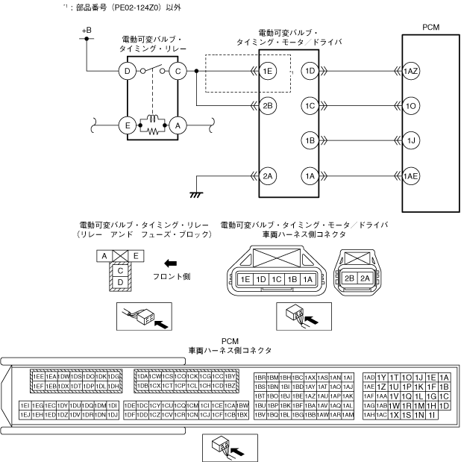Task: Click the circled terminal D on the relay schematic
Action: point(128,72)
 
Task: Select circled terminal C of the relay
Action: point(177,72)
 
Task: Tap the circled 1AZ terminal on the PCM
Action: point(411,72)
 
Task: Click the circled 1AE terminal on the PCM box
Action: point(411,176)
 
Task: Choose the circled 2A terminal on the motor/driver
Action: point(269,176)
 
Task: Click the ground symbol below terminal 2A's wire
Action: point(198,193)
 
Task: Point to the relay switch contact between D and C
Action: point(152,69)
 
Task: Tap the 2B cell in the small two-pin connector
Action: point(349,278)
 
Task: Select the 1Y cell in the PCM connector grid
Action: point(381,377)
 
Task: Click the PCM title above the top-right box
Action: point(430,27)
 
